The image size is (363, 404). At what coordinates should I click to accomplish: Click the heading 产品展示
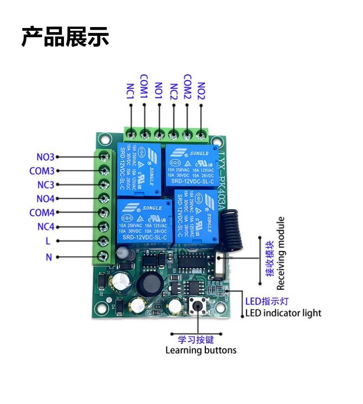point(65,37)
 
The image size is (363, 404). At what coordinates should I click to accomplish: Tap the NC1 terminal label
point(130,91)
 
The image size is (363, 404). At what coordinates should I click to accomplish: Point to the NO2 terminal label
point(201,91)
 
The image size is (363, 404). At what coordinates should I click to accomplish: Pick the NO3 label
point(45,157)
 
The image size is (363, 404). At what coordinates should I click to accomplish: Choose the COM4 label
point(42,213)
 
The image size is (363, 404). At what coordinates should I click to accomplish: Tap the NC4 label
point(45,227)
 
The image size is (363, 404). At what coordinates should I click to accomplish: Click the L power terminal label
point(48,241)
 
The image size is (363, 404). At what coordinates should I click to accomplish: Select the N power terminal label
point(49,257)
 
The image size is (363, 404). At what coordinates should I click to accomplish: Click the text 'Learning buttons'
point(201,351)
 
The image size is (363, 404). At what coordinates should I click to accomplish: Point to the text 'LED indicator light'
point(283,314)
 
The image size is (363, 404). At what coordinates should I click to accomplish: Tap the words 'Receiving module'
point(281,253)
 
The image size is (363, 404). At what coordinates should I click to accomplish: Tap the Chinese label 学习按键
point(196,340)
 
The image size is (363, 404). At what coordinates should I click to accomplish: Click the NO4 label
point(45,199)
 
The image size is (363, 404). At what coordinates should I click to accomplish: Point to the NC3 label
point(45,185)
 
